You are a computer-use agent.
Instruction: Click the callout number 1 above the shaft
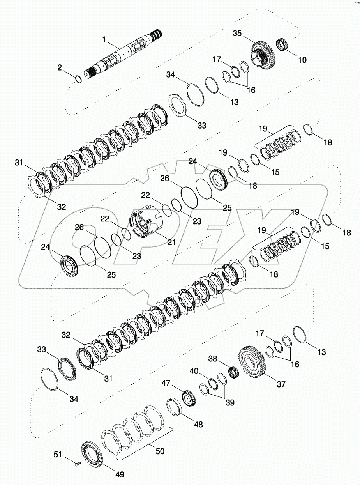[x=104, y=39]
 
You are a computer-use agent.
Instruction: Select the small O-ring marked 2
[x=78, y=80]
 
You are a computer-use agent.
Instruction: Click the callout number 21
[x=171, y=242]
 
